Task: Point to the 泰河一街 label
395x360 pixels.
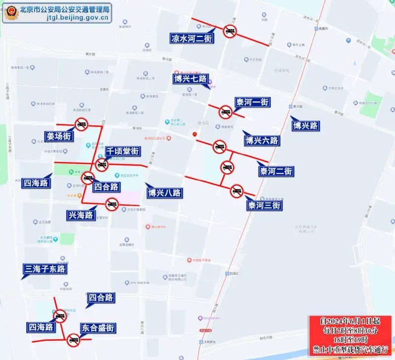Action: coord(252,103)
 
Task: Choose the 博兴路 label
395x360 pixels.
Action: coord(305,125)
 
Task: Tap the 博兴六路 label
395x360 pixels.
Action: coord(261,141)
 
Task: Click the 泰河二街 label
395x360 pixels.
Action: coord(276,171)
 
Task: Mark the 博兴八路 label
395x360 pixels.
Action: coord(164,193)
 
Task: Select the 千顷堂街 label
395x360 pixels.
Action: coord(122,152)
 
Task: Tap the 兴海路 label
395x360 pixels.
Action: coord(81,215)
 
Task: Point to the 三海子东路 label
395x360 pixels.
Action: coord(45,269)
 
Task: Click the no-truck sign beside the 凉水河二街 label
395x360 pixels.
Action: coord(230,32)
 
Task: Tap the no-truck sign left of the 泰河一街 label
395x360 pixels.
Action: coord(226,113)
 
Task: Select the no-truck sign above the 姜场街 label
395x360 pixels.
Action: coord(81,125)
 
